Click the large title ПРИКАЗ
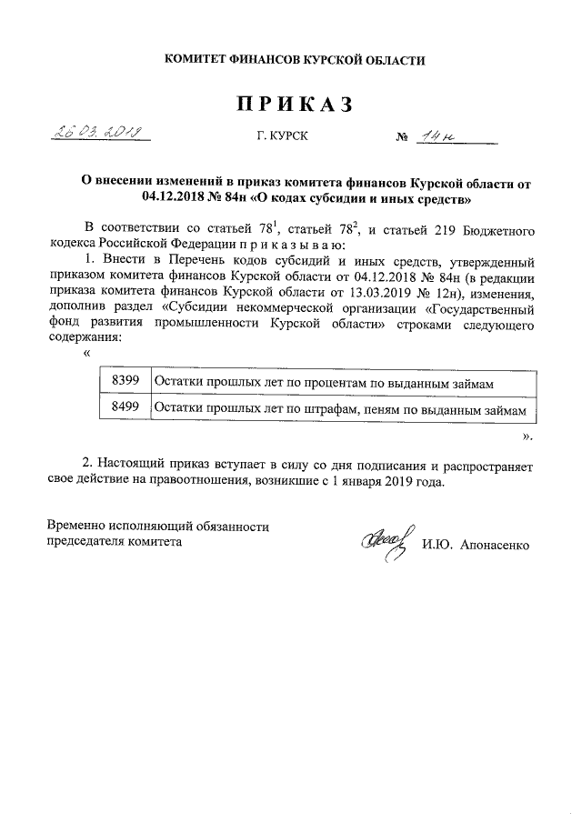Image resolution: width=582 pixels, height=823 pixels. [x=294, y=105]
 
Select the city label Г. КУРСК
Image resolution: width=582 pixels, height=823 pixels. [x=283, y=138]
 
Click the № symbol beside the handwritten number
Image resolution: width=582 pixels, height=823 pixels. [x=401, y=139]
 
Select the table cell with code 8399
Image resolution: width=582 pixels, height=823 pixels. [x=124, y=383]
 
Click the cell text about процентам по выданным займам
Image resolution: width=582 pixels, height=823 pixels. [x=324, y=384]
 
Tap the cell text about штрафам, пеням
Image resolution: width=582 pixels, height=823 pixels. [x=340, y=410]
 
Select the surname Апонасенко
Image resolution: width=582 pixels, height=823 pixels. [x=496, y=545]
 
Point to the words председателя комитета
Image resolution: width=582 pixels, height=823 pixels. [x=114, y=541]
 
